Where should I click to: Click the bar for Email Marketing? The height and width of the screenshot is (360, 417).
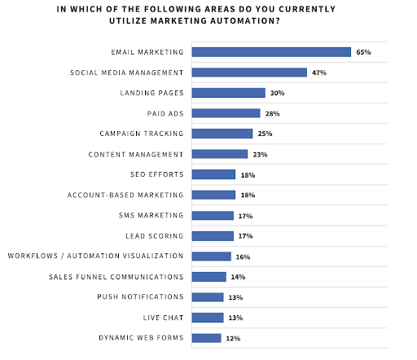click(x=271, y=52)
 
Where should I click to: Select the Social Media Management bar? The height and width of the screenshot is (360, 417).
click(x=249, y=72)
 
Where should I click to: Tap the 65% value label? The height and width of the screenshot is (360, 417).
click(x=363, y=52)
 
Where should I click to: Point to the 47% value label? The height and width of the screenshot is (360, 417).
click(x=318, y=72)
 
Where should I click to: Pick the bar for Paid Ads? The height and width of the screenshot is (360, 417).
click(x=226, y=113)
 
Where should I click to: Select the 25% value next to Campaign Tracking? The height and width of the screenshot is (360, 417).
click(x=265, y=134)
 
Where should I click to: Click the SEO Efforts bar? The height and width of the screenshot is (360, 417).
click(x=213, y=174)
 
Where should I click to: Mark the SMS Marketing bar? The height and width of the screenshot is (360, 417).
click(x=213, y=216)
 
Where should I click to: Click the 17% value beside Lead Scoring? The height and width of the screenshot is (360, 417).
click(x=245, y=236)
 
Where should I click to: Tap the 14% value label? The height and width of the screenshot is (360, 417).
click(x=238, y=277)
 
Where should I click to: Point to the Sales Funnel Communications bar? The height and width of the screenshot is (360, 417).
click(x=208, y=277)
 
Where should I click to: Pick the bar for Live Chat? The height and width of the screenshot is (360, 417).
click(x=208, y=318)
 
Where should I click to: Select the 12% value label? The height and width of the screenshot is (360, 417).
click(x=233, y=338)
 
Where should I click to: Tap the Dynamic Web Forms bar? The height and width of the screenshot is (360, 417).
click(x=206, y=338)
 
